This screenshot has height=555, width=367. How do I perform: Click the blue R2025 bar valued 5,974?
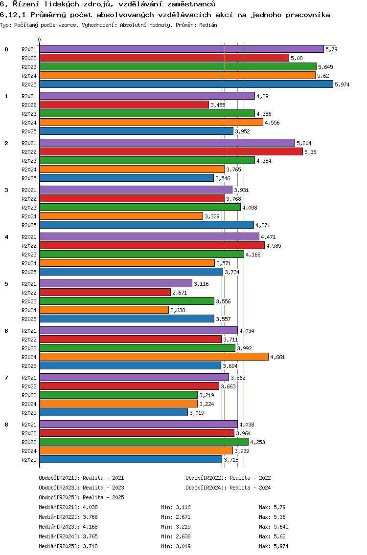[186, 84]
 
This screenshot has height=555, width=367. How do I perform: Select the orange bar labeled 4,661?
[154, 357]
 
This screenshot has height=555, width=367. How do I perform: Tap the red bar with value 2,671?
[105, 292]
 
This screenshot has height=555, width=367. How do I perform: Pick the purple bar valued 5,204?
[167, 143]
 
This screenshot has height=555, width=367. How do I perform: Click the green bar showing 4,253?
[144, 442]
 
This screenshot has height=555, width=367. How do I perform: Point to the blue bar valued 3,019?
[114, 412]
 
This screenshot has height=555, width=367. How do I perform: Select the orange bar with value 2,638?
[104, 310]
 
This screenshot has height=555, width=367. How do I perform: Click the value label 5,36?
[310, 152]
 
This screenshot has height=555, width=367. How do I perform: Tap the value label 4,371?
[263, 225]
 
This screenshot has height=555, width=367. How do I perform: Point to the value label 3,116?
[201, 284]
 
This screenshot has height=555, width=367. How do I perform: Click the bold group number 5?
[6, 283]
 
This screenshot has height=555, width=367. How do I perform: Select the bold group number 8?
[6, 424]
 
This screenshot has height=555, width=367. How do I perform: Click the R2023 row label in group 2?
[29, 161]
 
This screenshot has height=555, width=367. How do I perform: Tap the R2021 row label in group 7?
[29, 378]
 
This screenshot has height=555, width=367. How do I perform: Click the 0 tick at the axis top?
[40, 40]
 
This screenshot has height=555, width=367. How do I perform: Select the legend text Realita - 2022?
[250, 478]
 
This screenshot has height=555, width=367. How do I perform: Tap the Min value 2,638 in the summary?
[183, 536]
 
